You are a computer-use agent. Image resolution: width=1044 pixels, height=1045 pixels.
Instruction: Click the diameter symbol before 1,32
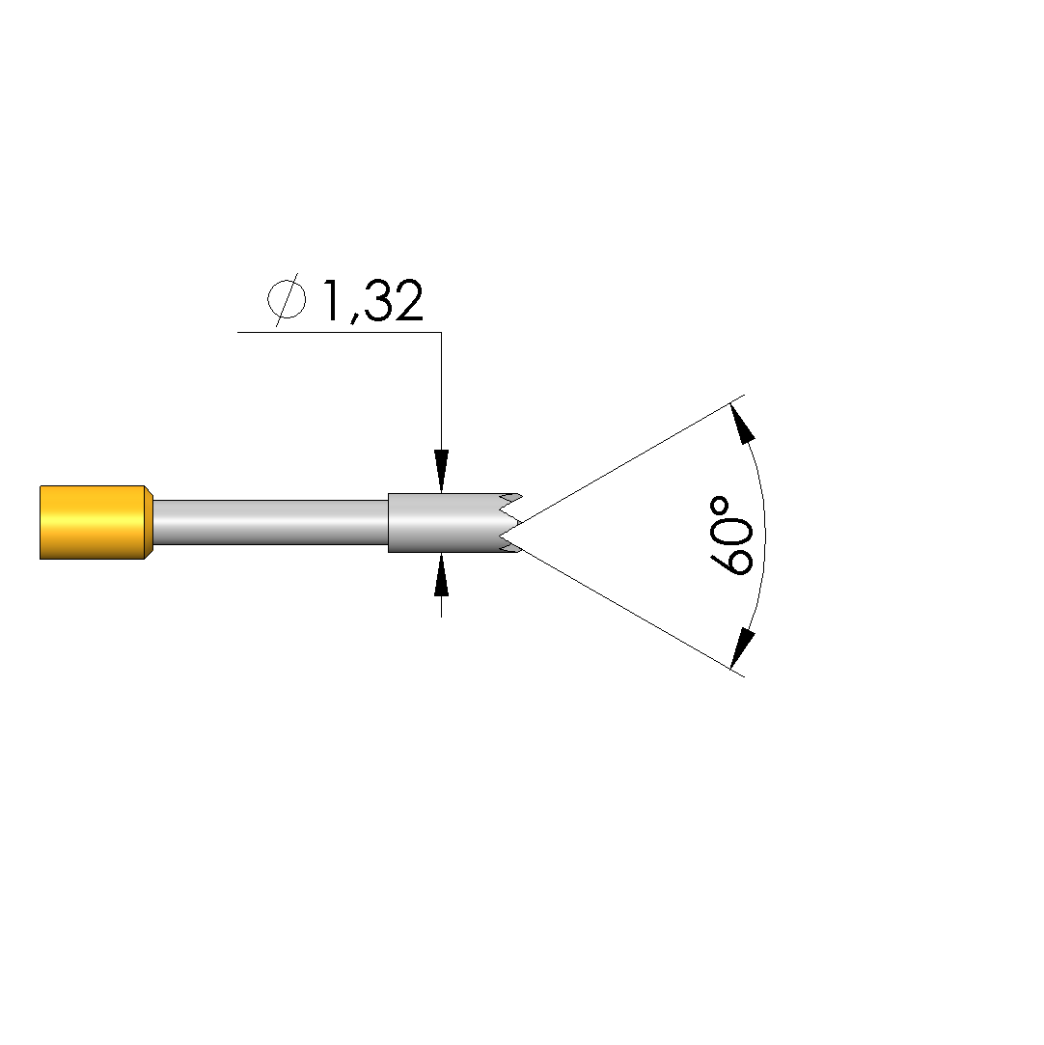coord(288,299)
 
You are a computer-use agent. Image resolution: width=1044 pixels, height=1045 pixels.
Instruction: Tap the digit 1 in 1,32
coord(333,301)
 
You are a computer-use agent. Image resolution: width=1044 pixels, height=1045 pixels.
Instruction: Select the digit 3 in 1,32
coord(377,301)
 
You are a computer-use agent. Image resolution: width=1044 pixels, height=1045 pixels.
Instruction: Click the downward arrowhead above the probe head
coord(441,471)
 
